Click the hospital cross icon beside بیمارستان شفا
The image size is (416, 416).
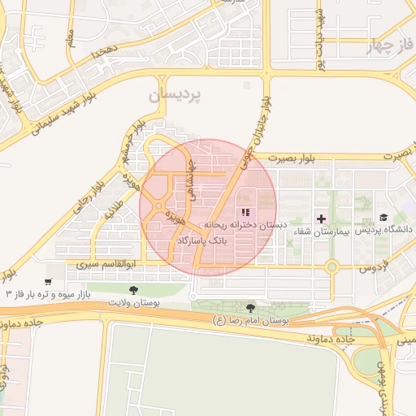(322, 219)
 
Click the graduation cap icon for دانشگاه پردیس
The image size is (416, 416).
(383, 219)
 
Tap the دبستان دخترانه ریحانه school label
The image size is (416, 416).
(240, 225)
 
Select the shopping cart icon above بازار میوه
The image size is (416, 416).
(49, 282)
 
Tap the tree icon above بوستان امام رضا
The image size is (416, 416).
(249, 308)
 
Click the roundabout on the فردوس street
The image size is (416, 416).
(331, 266)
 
